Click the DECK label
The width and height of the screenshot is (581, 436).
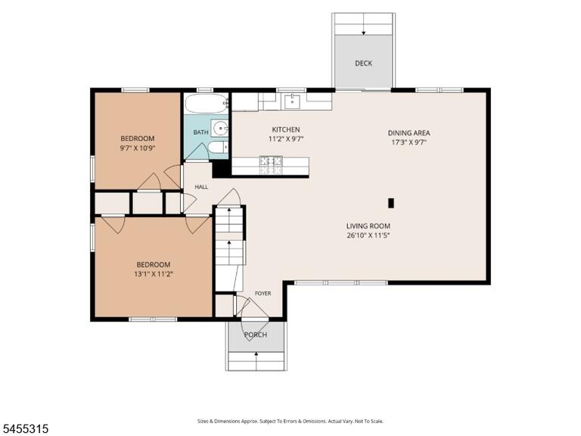click(x=363, y=64)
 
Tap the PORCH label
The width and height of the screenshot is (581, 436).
click(x=255, y=335)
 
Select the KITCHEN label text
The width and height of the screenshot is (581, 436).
click(x=286, y=129)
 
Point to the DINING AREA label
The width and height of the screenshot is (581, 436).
click(x=409, y=132)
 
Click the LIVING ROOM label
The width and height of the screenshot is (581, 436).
click(x=368, y=226)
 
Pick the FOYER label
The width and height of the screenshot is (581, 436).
click(x=263, y=293)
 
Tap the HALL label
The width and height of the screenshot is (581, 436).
click(x=201, y=187)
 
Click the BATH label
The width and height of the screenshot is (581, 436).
click(x=200, y=132)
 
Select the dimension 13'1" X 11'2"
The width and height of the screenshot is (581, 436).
click(x=154, y=274)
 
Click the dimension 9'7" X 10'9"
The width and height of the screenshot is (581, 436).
click(x=137, y=148)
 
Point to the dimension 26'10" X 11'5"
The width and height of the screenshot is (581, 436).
click(x=368, y=235)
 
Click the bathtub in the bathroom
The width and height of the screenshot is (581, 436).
click(x=207, y=104)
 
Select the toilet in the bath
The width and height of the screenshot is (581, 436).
click(x=218, y=147)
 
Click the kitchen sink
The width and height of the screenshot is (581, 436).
click(x=292, y=101)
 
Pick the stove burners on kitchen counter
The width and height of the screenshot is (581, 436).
click(x=271, y=165)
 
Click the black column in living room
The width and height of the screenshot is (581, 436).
click(x=390, y=203)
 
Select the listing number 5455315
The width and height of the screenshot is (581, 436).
click(x=24, y=429)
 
